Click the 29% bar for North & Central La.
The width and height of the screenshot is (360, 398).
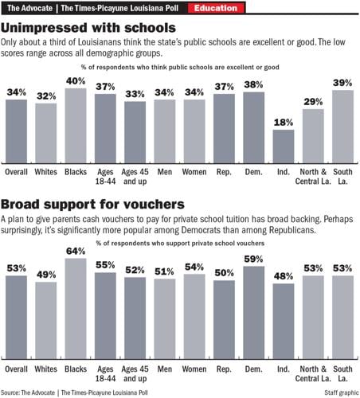[x=313, y=135]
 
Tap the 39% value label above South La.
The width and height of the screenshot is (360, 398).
[x=342, y=83]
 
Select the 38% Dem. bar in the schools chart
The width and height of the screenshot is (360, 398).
[x=253, y=127]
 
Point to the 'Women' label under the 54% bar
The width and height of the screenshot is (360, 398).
[x=194, y=369]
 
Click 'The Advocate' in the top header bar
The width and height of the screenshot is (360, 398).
[x=25, y=8]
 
